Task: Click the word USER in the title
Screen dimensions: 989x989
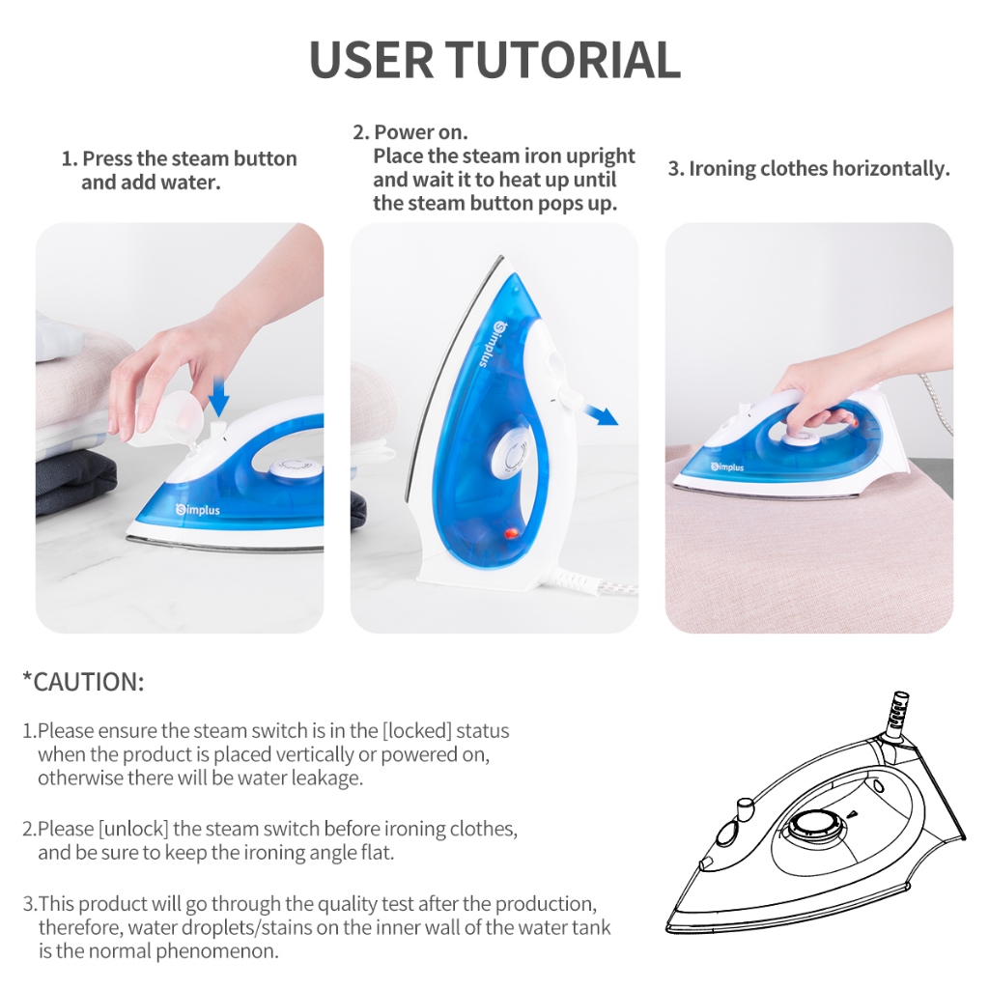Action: click(372, 60)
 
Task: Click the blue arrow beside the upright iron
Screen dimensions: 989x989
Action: click(600, 415)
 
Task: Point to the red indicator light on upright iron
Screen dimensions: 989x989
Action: click(510, 533)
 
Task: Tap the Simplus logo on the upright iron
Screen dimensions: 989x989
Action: click(490, 343)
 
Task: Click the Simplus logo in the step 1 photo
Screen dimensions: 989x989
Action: click(198, 509)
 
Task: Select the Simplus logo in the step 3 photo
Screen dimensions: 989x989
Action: click(727, 466)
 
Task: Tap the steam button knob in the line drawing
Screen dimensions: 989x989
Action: click(745, 806)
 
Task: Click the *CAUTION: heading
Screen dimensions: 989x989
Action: click(83, 682)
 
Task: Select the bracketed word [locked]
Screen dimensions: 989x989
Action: click(417, 730)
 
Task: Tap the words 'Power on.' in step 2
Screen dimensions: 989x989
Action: click(421, 131)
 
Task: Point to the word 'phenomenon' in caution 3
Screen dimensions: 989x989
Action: click(217, 951)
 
